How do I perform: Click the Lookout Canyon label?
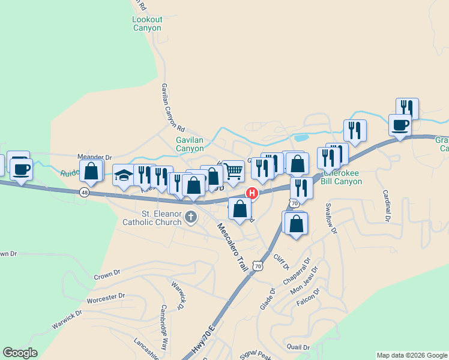point(146,23)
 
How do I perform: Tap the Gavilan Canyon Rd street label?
point(172,107)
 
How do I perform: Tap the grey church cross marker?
point(191,217)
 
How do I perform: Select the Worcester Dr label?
point(105,296)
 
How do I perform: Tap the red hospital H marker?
point(253,193)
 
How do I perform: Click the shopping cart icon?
point(233,171)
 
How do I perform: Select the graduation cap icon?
point(124,175)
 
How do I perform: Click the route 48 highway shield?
point(84,192)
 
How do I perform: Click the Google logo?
point(20,352)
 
